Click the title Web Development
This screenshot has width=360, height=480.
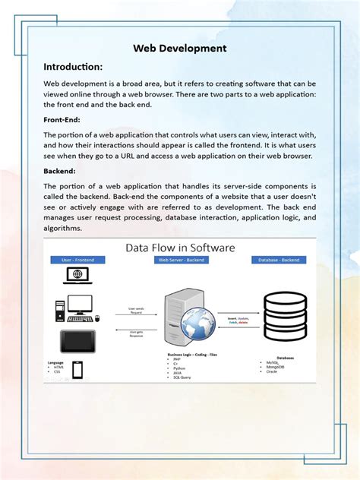180,48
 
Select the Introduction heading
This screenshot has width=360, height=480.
74,66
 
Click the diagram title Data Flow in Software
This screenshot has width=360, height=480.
180,248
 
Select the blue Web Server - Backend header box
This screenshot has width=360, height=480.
180,260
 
